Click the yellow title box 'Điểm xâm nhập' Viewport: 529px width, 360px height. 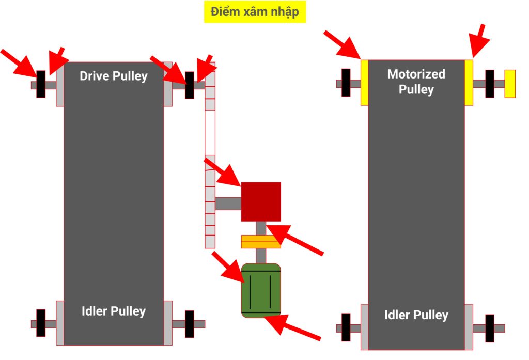(255, 12)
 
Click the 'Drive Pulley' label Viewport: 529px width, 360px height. (113, 76)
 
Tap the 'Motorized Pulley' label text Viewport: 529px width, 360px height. (416, 82)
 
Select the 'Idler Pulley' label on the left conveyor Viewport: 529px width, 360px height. (113, 311)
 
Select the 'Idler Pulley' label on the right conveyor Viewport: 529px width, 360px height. (416, 315)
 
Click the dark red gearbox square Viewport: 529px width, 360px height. (261, 201)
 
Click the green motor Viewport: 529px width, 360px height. (261, 290)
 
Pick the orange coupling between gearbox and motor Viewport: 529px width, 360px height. (261, 241)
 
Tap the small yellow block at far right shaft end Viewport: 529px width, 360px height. (510, 83)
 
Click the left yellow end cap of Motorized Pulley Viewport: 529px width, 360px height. (364, 83)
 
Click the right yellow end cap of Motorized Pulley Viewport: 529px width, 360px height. (469, 83)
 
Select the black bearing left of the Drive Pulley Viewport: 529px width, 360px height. (41, 84)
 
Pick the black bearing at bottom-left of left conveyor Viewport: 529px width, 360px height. (41, 323)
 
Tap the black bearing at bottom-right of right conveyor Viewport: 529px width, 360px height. (489, 328)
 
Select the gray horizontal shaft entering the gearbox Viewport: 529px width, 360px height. (228, 203)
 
